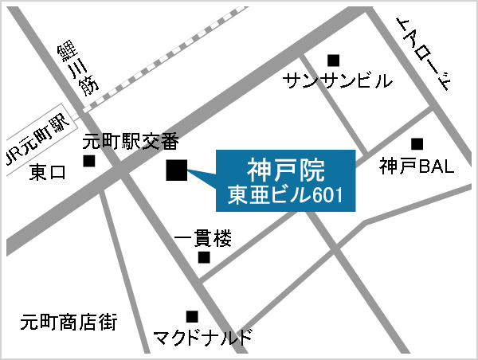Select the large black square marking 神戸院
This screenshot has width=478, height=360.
tap(176, 170)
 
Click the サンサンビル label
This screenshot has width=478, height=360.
tap(338, 80)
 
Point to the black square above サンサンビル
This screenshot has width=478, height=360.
tap(333, 59)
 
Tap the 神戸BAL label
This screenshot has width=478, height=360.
tap(416, 166)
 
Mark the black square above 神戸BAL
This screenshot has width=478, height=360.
tap(417, 144)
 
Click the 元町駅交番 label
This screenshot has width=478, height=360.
tap(131, 142)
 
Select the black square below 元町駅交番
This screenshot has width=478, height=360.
tap(89, 161)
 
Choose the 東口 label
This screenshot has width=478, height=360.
tap(48, 173)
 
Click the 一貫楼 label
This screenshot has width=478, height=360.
tap(202, 238)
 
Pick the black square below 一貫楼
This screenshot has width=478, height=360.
tap(204, 257)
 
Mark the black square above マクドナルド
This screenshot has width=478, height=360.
tap(191, 316)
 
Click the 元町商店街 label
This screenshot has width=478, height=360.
tap(69, 323)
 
